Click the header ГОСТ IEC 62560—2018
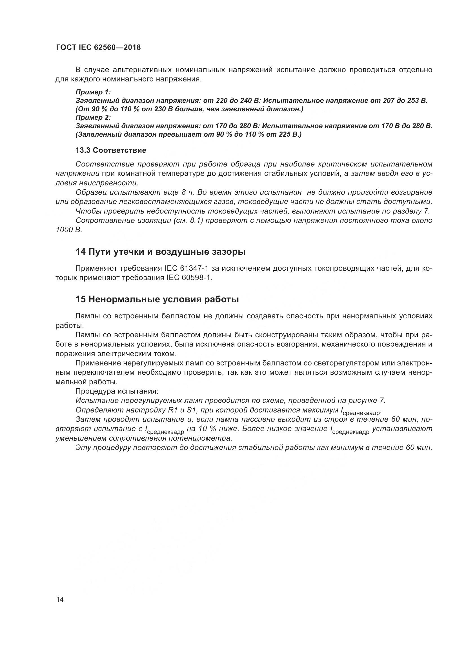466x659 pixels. (x=98, y=48)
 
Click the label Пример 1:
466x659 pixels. (x=93, y=92)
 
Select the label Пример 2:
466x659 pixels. (x=93, y=117)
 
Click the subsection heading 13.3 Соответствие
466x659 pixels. (x=111, y=150)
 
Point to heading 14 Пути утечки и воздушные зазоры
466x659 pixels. (x=160, y=252)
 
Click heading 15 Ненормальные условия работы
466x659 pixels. (x=157, y=299)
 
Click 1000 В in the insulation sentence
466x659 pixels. (x=69, y=230)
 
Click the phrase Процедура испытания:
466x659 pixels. (x=117, y=391)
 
